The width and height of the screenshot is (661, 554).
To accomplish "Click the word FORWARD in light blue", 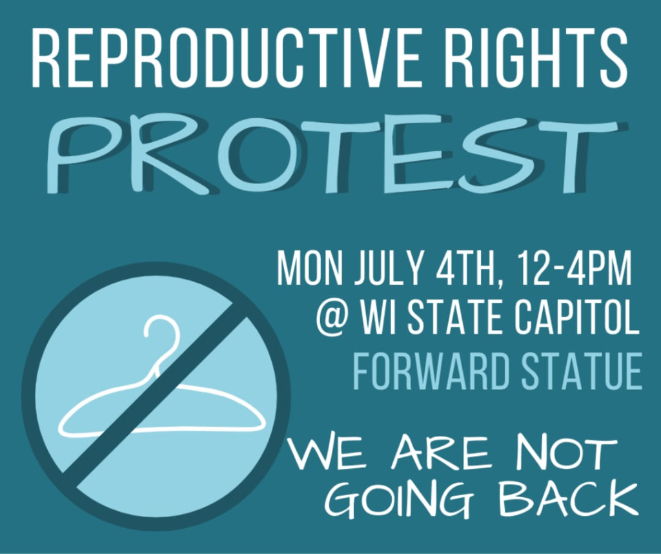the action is (429, 373).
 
